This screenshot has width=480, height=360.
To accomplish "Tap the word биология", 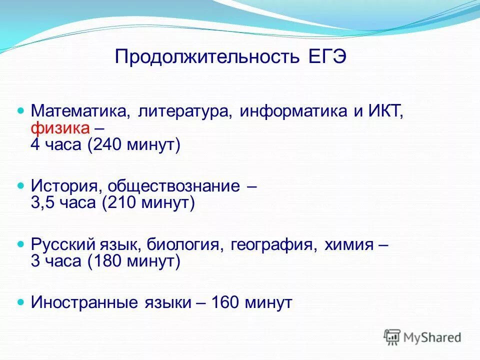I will pyautogui.click(x=188, y=244).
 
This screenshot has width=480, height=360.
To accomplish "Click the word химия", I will pyautogui.click(x=349, y=244).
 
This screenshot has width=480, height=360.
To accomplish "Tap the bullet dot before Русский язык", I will pyautogui.click(x=21, y=244).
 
